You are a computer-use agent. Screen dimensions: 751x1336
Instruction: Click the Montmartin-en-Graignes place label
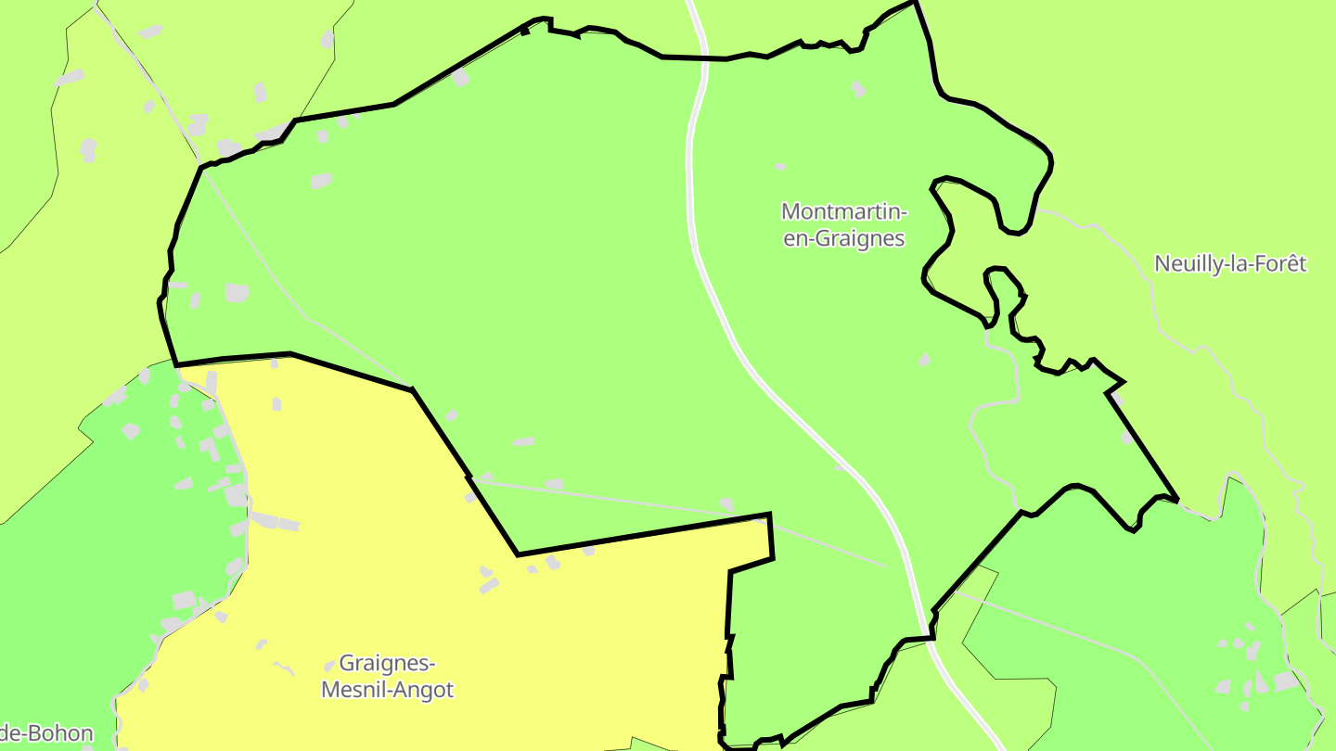[x=843, y=225]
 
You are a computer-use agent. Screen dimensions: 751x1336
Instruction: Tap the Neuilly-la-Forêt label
[x=1229, y=263]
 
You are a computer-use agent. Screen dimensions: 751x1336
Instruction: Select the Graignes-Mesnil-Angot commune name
[x=387, y=677]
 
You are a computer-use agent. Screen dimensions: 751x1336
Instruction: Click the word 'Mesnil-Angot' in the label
[x=387, y=691]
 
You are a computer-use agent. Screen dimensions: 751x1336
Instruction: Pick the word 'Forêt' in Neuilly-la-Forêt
[x=1279, y=263]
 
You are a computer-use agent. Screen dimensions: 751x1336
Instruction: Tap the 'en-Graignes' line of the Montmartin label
[x=843, y=238]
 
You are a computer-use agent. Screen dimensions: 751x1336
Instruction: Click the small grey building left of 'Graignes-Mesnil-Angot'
[x=328, y=666]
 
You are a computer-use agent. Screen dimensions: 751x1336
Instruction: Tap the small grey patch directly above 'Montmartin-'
[x=780, y=167]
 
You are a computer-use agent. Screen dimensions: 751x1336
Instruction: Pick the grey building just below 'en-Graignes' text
[x=924, y=360]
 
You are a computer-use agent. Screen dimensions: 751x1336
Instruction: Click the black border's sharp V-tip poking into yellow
[x=518, y=554]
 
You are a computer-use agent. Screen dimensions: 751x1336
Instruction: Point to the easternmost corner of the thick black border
[x=1176, y=500]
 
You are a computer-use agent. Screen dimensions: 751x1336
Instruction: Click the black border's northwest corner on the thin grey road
[x=201, y=167]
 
